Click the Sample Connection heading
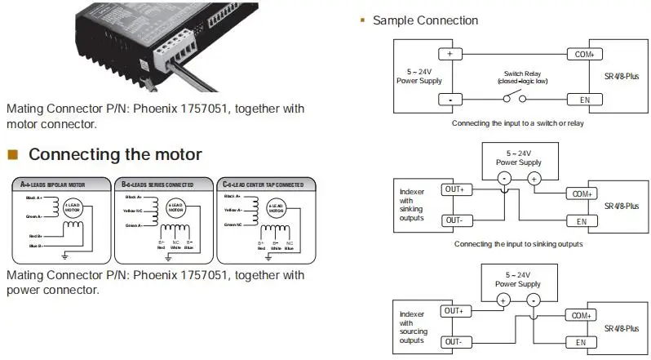[425, 20]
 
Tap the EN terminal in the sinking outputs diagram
[581, 221]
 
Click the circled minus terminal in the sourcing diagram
[534, 300]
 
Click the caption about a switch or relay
[518, 124]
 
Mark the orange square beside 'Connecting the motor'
[12, 154]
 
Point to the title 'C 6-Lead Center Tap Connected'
[264, 184]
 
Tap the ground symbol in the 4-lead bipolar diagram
[64, 255]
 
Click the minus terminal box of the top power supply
[449, 99]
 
